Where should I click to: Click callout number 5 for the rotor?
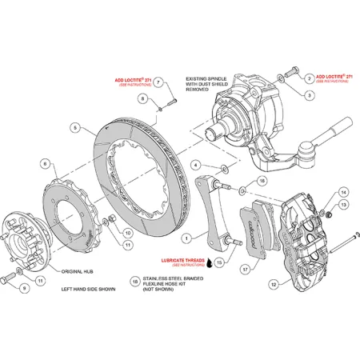pos(74,127)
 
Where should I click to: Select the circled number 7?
pos(158,82)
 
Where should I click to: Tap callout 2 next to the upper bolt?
pos(308,77)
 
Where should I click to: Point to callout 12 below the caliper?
pos(275,282)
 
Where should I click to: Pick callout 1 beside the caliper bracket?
pos(185,238)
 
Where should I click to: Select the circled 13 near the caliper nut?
pos(343,206)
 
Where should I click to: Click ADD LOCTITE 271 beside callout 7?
pos(131,82)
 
